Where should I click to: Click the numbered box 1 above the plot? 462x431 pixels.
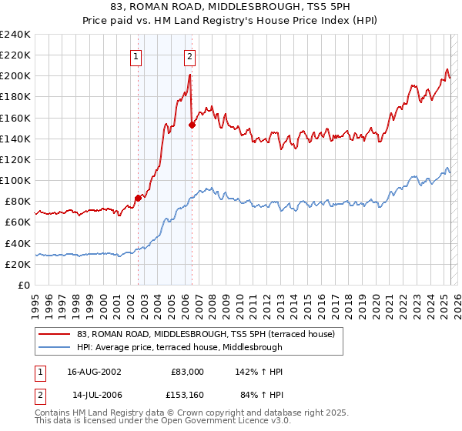136,55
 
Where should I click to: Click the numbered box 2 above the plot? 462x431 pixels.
189,55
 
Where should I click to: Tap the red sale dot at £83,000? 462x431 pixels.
138,198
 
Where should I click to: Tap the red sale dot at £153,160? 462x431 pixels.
192,125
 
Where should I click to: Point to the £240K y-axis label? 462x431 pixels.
15,35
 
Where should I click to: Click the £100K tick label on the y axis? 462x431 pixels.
15,180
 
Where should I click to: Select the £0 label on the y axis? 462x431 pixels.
24,285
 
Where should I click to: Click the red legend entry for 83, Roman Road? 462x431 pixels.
206,334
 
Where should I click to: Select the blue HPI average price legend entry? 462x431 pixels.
179,347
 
